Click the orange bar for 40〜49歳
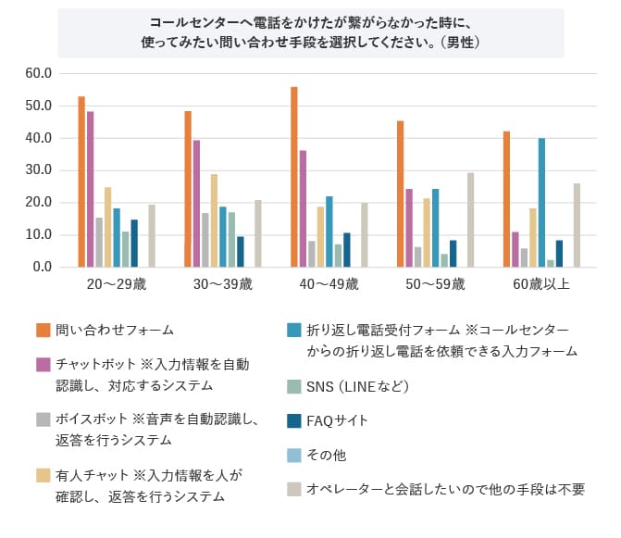coord(294,177)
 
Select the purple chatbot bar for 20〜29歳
coord(91,189)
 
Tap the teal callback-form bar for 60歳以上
coord(541,203)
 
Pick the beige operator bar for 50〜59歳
coord(470,219)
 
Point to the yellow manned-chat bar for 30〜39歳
coord(214,220)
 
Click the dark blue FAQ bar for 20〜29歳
coord(134,243)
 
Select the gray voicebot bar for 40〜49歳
coord(312,254)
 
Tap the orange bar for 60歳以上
coord(506,199)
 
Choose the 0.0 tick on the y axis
coord(44,267)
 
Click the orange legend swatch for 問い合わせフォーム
coord(43,330)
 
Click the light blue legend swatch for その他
coord(293,455)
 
